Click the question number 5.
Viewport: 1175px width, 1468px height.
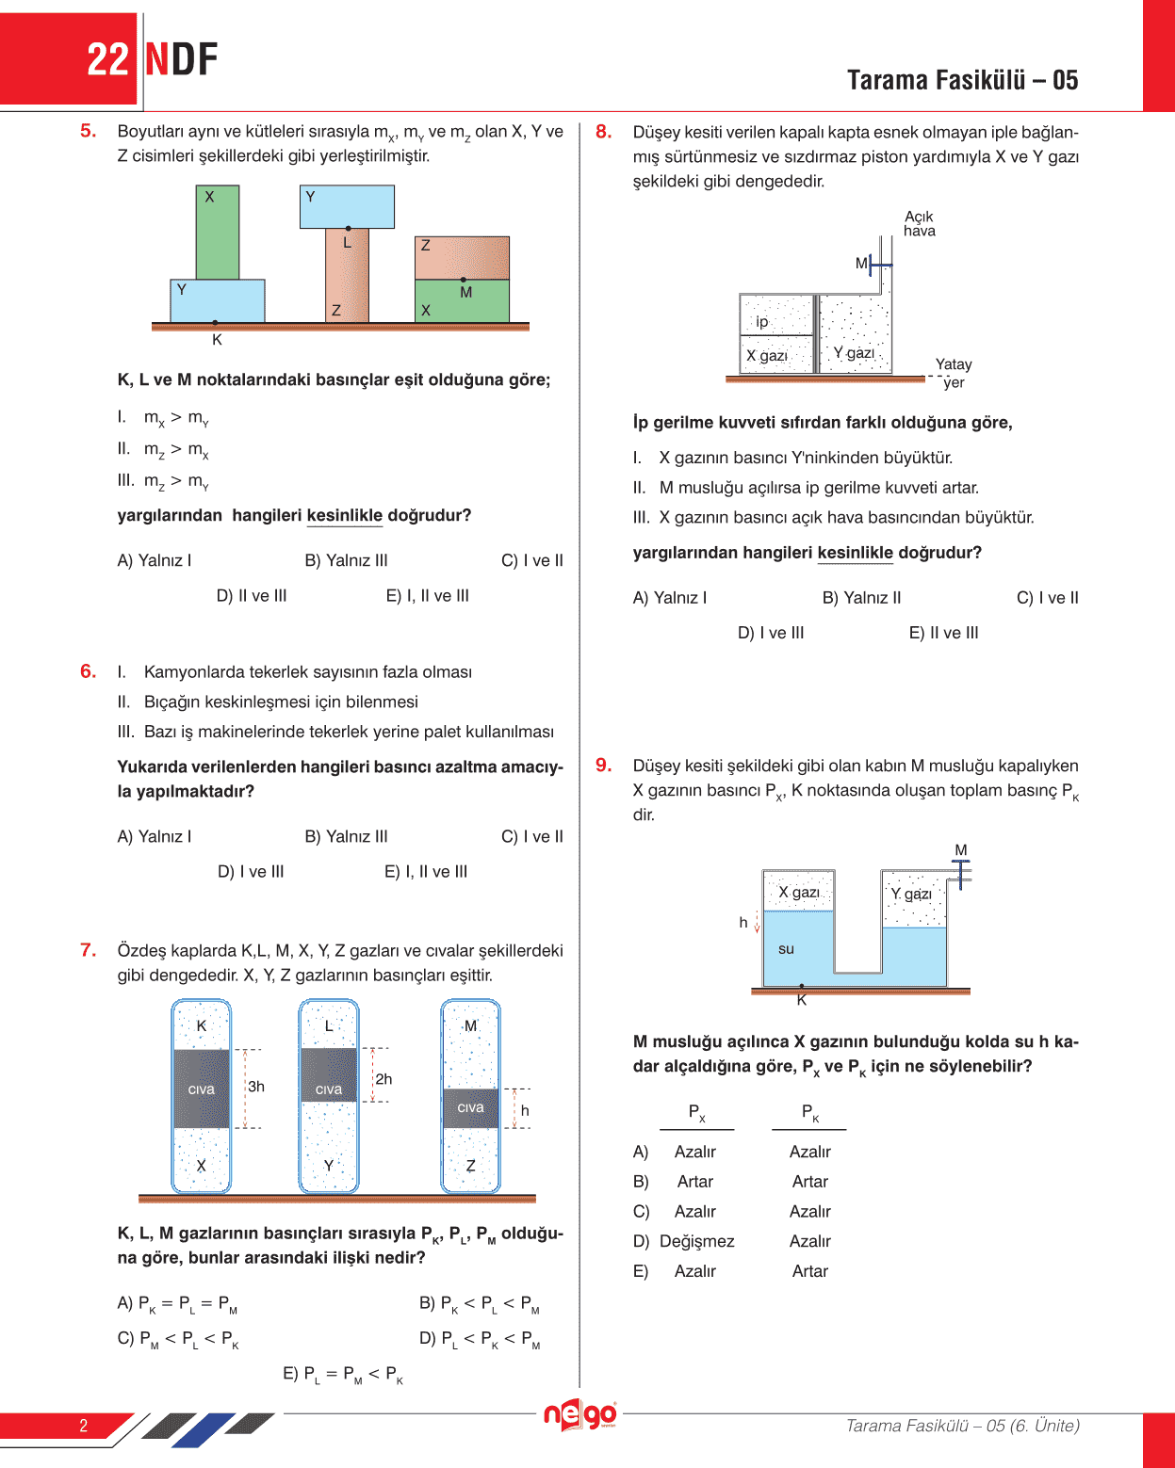pos(88,131)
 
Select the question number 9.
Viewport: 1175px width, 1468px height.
pos(603,766)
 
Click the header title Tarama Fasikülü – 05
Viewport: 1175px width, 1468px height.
pos(962,80)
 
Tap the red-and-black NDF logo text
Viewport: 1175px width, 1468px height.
pos(181,60)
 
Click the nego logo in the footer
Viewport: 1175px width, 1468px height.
pos(579,1414)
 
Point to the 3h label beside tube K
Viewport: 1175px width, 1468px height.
pos(256,1087)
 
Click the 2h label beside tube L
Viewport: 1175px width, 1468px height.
pos(384,1079)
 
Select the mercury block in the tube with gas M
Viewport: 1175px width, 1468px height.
pos(470,1108)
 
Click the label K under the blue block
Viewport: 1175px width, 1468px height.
pos(217,340)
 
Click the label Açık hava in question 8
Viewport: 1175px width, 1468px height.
pos(919,223)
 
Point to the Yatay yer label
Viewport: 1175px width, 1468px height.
pos(954,373)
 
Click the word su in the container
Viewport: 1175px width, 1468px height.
pos(786,949)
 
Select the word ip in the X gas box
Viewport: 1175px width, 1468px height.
pos(762,322)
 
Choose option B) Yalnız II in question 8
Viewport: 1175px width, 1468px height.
pos(861,598)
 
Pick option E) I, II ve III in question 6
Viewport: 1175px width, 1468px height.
pos(426,872)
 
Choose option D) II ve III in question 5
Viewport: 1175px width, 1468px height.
pos(252,596)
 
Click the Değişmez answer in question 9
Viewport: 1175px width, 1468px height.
pos(696,1241)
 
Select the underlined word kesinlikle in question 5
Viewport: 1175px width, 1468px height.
pos(344,516)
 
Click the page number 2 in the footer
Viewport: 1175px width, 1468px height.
pos(83,1426)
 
